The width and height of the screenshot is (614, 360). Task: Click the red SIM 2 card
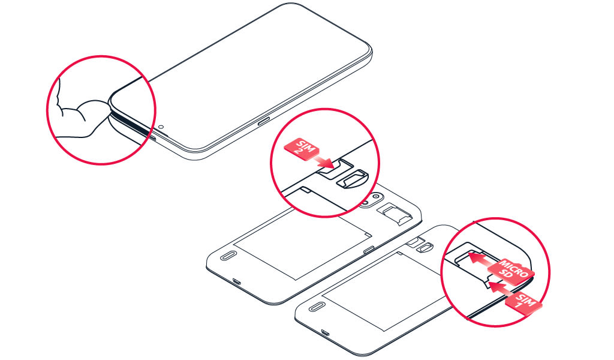(x=302, y=148)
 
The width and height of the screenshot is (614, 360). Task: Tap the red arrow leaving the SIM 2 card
(x=323, y=161)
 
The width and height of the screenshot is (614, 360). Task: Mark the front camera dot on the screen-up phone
(x=161, y=127)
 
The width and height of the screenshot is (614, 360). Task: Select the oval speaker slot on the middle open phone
(x=227, y=257)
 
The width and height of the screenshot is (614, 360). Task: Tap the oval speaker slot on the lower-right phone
(x=315, y=307)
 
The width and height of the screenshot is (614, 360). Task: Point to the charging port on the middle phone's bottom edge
(x=236, y=281)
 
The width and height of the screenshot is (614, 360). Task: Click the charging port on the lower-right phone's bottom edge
(x=324, y=334)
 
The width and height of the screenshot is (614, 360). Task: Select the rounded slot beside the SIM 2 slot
(x=353, y=179)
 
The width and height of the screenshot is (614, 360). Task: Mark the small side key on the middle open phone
(x=369, y=250)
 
